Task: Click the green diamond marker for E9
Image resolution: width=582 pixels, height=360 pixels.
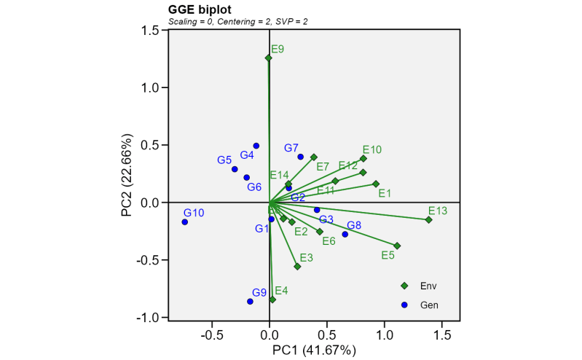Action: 268,58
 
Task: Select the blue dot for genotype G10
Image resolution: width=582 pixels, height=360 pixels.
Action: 184,222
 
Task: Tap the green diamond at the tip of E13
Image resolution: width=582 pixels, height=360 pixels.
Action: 429,219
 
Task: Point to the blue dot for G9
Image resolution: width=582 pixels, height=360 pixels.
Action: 250,301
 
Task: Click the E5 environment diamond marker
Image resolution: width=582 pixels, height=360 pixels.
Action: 397,246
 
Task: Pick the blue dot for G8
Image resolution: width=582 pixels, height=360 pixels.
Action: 345,234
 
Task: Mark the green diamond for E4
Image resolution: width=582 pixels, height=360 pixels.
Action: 272,300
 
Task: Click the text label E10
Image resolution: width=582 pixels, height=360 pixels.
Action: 372,149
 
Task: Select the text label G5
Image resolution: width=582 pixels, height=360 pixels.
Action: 224,160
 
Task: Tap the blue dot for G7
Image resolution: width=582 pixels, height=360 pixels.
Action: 300,157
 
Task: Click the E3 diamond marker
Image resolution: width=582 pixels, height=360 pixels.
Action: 297,267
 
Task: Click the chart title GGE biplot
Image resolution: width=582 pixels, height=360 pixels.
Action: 200,9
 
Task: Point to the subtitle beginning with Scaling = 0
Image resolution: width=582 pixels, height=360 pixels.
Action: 237,22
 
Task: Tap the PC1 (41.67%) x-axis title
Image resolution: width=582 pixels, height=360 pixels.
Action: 314,351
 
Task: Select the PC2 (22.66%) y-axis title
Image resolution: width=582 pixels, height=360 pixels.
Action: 127,175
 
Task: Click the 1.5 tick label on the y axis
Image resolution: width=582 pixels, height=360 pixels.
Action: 151,30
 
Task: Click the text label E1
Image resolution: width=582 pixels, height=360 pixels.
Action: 385,193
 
